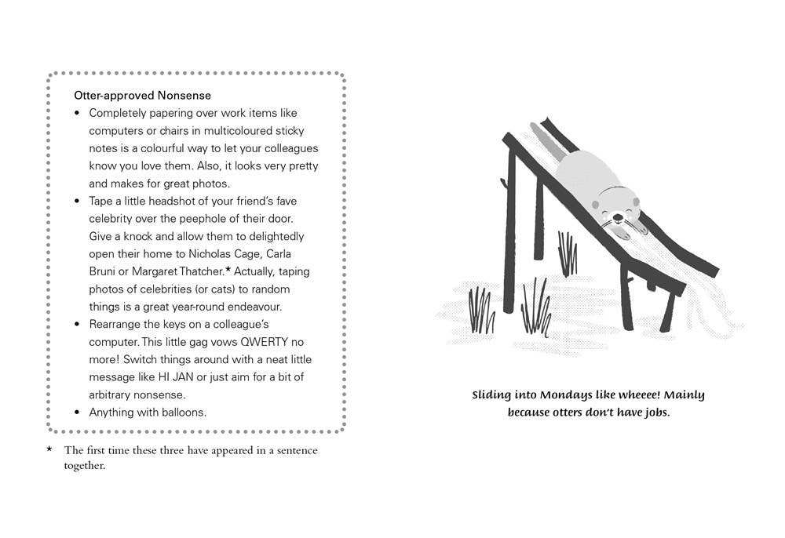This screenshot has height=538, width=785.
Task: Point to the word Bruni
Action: pos(105,271)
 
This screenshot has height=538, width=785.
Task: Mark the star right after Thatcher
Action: pos(228,270)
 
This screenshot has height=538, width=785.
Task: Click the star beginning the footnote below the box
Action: pos(49,449)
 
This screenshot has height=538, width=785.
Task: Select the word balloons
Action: pos(183,413)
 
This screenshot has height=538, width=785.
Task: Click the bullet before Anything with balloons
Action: pos(77,413)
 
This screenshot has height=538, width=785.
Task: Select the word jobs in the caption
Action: pos(654,412)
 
